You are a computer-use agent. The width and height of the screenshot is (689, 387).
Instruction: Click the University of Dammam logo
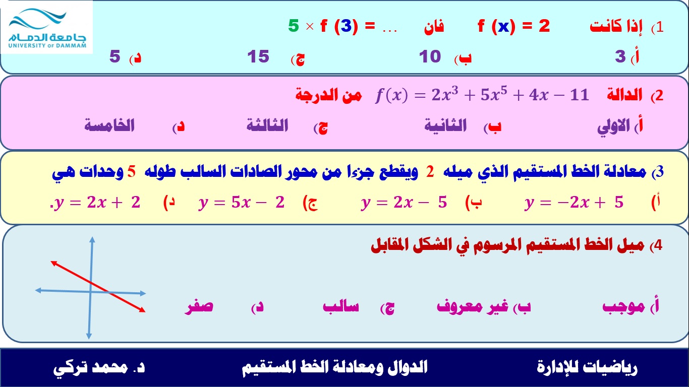tap(47, 28)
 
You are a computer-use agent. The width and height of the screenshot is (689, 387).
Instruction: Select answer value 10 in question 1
tap(430, 56)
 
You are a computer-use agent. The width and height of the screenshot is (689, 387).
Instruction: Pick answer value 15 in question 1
tap(258, 56)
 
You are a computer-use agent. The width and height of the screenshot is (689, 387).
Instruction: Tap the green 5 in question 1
tap(294, 26)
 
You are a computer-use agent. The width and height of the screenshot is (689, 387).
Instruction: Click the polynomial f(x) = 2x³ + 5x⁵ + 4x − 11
tap(482, 94)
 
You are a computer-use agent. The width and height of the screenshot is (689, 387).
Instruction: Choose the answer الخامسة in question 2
tap(109, 125)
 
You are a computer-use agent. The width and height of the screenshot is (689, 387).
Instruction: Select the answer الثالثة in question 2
tap(267, 125)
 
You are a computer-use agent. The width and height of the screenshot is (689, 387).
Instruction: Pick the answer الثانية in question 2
tap(445, 125)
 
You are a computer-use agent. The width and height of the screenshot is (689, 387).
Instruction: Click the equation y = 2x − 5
tap(404, 203)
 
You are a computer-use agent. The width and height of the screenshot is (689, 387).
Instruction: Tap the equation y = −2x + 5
tap(574, 203)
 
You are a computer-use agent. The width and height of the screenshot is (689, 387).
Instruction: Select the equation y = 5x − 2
tap(242, 203)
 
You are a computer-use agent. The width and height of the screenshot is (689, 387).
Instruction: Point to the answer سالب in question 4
tap(341, 306)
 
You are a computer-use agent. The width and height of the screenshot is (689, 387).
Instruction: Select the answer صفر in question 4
tap(199, 306)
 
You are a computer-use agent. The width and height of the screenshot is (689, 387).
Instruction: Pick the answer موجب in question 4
tap(623, 306)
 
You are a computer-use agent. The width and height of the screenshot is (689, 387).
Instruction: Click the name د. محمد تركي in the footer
tap(99, 367)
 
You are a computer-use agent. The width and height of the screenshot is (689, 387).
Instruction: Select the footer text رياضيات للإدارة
tap(587, 367)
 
